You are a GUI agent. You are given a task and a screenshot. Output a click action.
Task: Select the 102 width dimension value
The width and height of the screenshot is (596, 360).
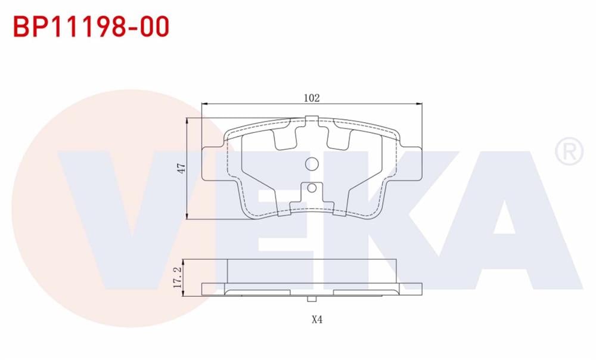tap(312, 98)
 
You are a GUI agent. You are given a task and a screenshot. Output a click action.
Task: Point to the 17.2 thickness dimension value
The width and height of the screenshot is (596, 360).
tap(177, 278)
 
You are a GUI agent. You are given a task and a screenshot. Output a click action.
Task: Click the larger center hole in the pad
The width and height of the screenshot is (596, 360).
tap(312, 164)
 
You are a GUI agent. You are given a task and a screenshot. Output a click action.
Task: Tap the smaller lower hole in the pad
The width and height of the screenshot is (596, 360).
tap(312, 189)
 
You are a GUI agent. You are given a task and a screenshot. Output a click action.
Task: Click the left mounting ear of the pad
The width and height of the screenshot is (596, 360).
tap(213, 164)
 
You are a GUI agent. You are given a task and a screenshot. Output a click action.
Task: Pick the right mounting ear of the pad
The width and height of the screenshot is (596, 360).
tap(410, 164)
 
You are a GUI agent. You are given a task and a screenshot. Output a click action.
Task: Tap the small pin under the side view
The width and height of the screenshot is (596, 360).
tap(312, 297)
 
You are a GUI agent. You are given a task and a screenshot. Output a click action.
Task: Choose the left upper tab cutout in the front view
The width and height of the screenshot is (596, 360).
tap(285, 138)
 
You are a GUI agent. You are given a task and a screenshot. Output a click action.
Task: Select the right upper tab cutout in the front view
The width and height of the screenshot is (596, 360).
tap(339, 138)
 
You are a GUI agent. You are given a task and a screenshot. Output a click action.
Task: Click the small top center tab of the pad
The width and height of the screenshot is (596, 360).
tap(312, 122)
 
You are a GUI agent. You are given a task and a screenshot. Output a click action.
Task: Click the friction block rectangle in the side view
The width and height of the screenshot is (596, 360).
tap(312, 271)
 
